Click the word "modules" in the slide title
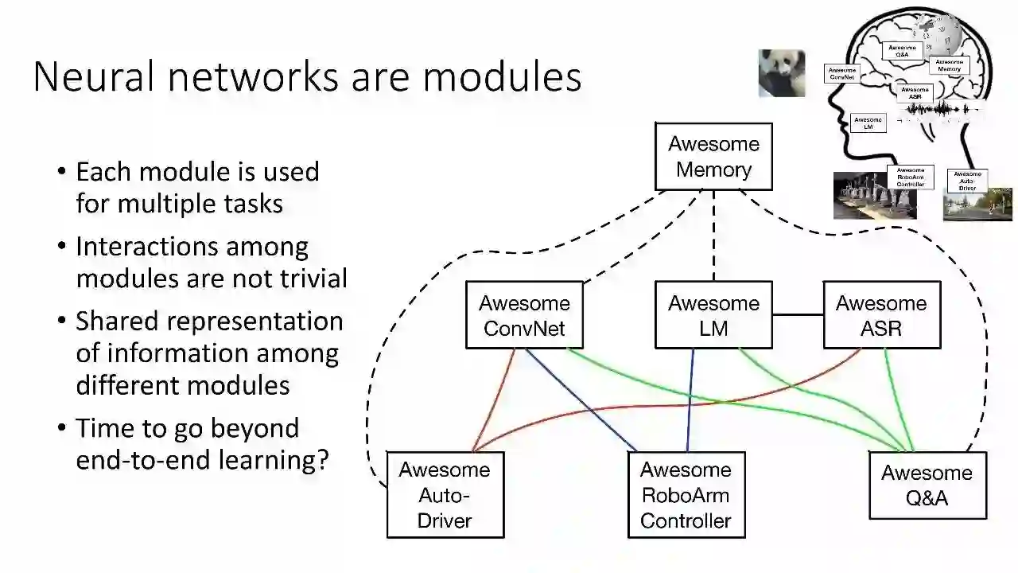coord(502,77)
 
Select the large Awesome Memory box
coord(713,157)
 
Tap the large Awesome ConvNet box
coord(524,315)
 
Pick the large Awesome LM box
coord(713,315)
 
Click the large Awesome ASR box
coord(881,315)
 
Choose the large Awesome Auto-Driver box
coord(445,495)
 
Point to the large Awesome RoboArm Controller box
coord(686,495)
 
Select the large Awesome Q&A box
coord(927,485)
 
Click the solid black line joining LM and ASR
coord(798,314)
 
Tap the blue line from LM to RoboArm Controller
coord(690,398)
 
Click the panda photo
coord(781,73)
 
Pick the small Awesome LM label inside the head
coord(868,123)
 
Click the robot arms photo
coord(873,196)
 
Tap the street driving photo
coord(977,205)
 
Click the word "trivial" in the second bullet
coord(318,279)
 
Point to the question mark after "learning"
coord(322,460)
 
